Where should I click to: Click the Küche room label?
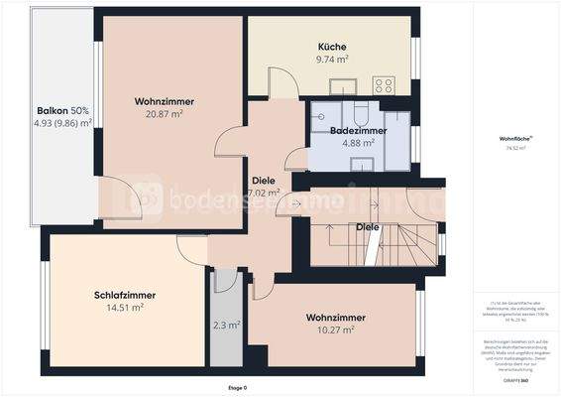coord(332,47)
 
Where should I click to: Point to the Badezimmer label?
coord(358,130)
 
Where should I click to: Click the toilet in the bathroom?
coord(360,110)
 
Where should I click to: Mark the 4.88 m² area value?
coord(358,143)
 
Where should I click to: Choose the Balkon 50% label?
coord(63,110)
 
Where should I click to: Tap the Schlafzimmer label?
coord(125,295)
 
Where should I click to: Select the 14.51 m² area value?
coord(125,308)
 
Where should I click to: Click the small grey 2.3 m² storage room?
coord(226,324)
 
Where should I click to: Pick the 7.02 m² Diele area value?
coord(264,193)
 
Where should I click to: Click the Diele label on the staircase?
coord(368,227)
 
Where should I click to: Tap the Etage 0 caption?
coord(238,387)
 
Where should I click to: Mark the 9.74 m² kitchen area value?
coord(332,60)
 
